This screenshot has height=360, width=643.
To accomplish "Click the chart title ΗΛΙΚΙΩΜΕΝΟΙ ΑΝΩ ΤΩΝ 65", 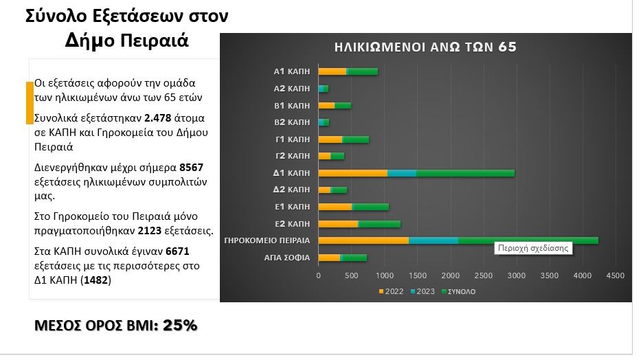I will [x=425, y=47].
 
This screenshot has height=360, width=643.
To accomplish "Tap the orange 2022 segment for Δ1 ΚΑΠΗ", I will [x=352, y=172].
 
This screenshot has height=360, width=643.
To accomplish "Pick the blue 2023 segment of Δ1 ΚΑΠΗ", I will [x=401, y=172].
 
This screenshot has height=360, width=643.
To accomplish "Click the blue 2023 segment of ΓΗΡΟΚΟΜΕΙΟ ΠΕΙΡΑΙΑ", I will [x=433, y=240].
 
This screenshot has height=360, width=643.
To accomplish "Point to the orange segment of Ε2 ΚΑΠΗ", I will [x=338, y=223].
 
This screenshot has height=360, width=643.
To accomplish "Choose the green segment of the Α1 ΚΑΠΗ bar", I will [x=363, y=71].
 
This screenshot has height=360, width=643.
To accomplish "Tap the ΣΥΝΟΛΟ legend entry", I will [x=460, y=291].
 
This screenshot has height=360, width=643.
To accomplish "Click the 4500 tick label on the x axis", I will [x=615, y=275].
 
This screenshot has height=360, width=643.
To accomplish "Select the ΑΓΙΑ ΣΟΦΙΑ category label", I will [x=287, y=258].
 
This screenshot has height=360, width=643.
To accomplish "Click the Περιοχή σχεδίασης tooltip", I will [x=533, y=248].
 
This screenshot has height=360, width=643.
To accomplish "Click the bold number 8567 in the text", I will [x=191, y=167].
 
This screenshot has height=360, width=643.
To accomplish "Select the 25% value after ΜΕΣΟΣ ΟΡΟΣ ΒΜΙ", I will [x=180, y=325].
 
